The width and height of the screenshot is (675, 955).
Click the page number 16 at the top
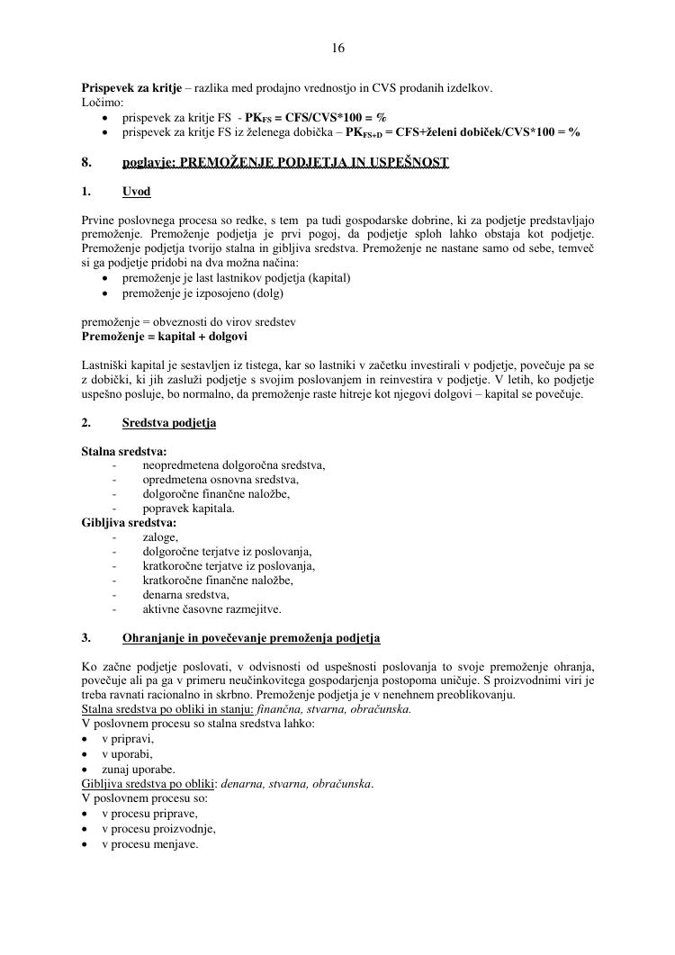(x=337, y=47)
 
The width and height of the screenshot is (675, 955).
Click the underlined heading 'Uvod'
(x=137, y=192)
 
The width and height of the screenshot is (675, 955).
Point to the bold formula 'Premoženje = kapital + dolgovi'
(x=164, y=336)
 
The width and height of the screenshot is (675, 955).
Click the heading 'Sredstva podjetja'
(x=169, y=422)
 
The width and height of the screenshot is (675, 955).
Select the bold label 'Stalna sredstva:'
(x=124, y=451)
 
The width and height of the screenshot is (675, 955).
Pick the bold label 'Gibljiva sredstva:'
(x=129, y=522)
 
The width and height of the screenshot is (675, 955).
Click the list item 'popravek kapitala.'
(x=188, y=508)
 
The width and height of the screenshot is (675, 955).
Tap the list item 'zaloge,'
(x=160, y=536)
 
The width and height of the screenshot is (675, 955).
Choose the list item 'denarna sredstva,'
(x=185, y=594)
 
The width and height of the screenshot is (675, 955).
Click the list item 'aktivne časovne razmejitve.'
(x=211, y=608)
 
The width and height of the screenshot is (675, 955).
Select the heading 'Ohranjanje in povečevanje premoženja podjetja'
(x=251, y=637)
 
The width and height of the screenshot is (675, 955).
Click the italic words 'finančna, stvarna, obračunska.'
(x=333, y=709)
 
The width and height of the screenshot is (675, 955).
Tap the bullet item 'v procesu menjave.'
(x=149, y=844)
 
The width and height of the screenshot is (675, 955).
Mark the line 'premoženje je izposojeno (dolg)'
(x=202, y=293)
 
